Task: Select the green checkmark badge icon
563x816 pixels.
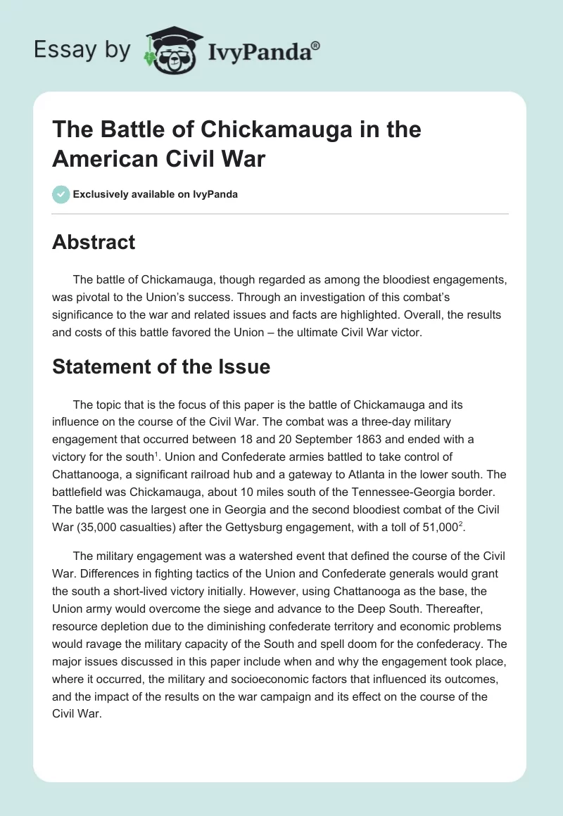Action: tap(61, 194)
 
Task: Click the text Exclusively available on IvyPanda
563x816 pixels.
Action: tap(156, 194)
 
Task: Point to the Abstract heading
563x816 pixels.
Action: tap(94, 243)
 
